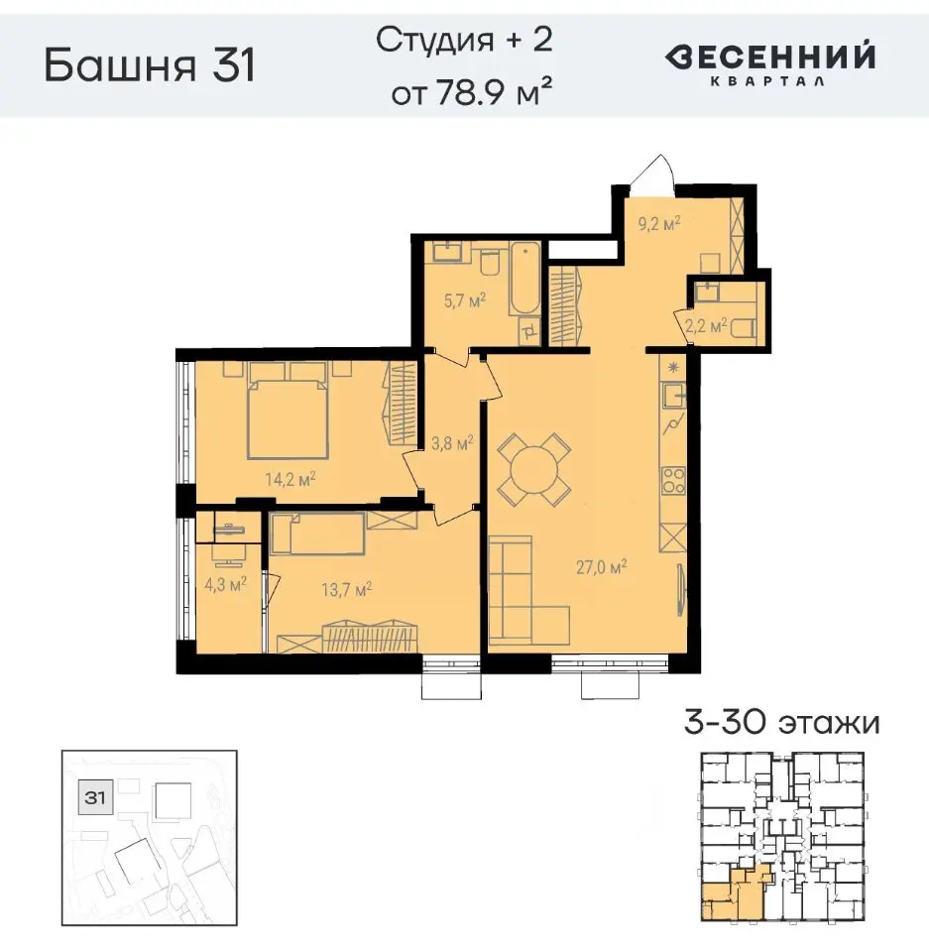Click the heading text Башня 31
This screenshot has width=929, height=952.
(151, 66)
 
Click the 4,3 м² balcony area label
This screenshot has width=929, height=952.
(224, 585)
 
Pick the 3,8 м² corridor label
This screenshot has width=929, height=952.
(448, 443)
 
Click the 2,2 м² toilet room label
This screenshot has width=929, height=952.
(708, 324)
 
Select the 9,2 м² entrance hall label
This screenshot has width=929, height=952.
(659, 225)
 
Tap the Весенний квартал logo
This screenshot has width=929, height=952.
(769, 64)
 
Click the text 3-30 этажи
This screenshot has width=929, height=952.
(781, 722)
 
